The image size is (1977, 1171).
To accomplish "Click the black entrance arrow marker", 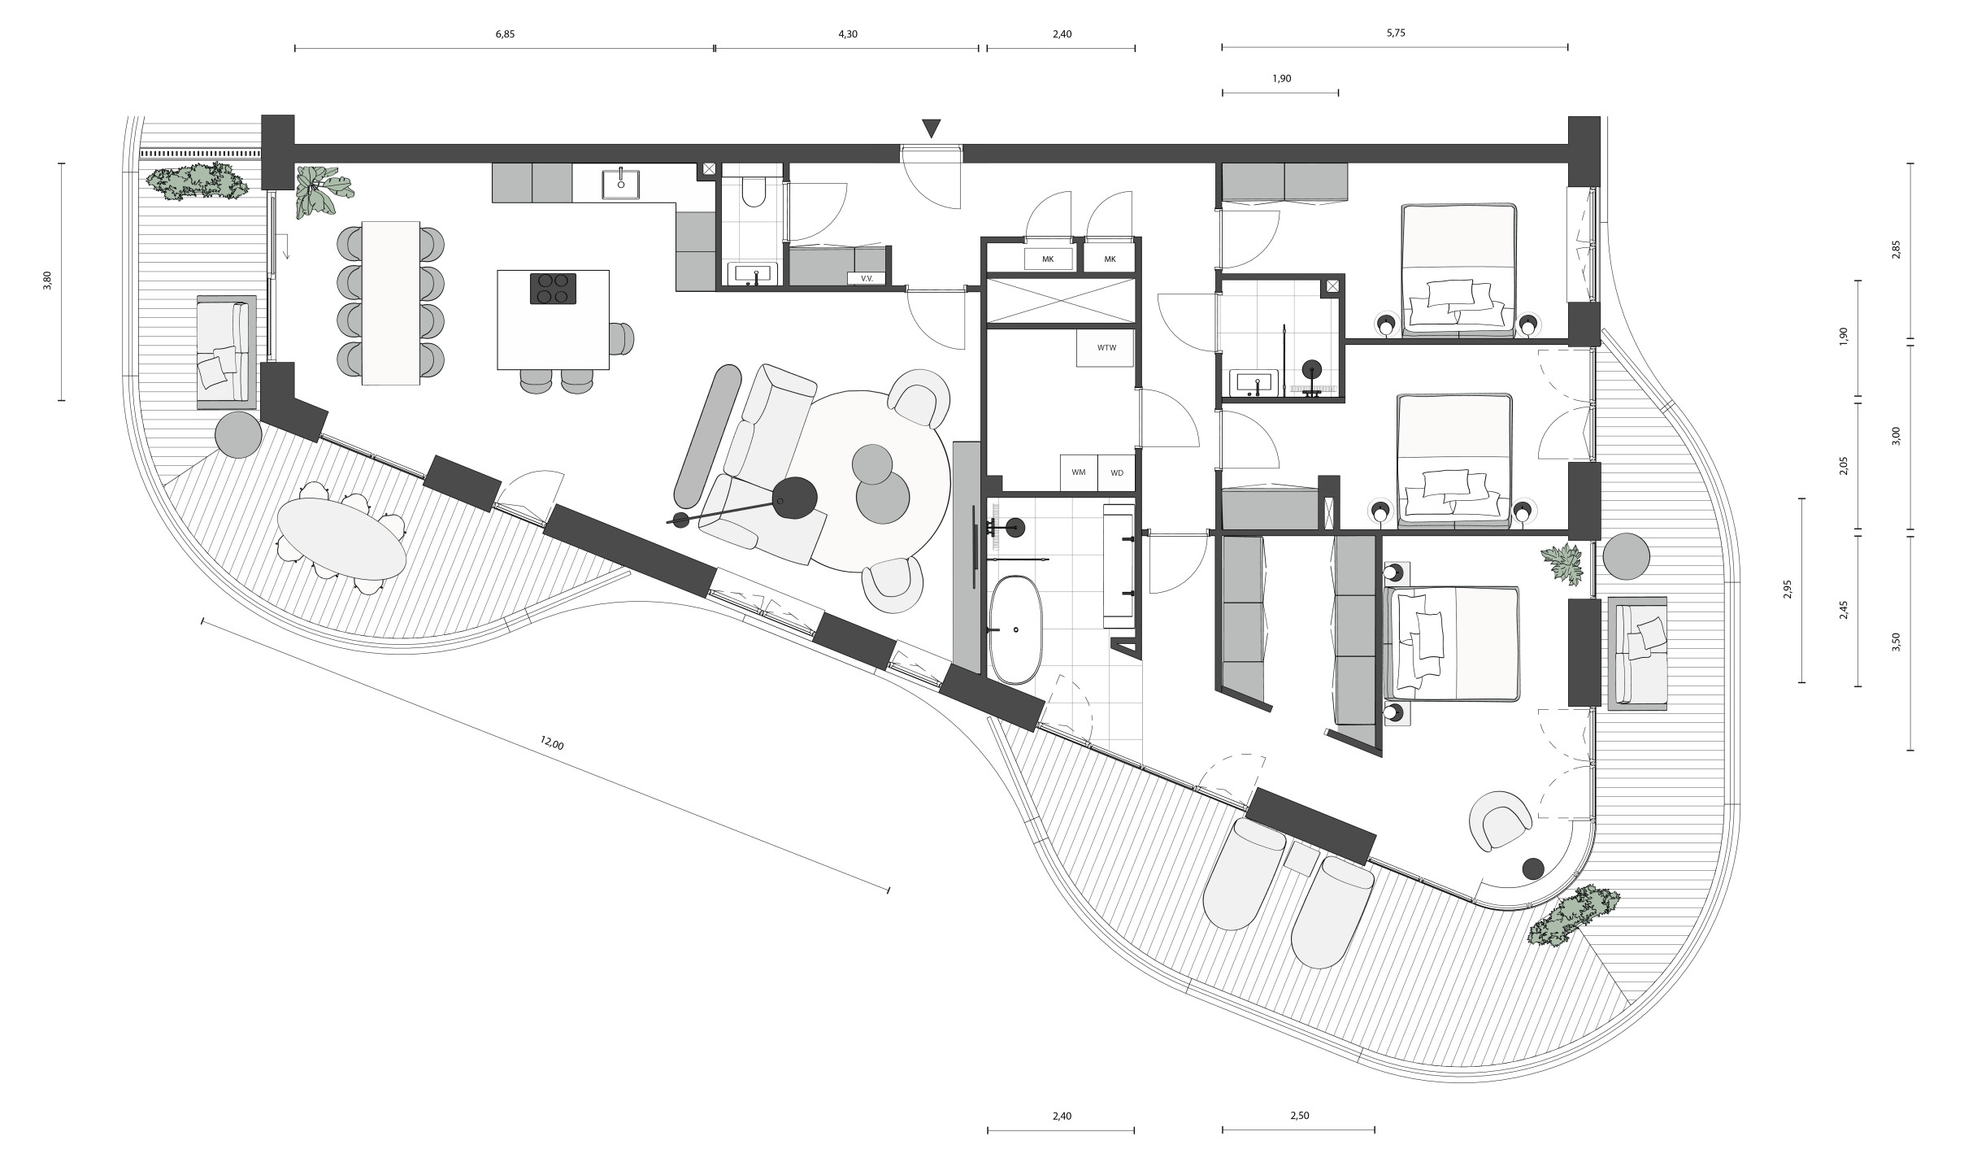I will coord(932,128).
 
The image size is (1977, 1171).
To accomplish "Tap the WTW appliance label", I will coord(1106,348).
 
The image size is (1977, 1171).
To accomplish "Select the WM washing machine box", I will coord(1079,472).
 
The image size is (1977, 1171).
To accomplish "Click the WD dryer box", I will coord(1117,472).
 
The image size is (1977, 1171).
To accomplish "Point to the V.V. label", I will coord(866,278).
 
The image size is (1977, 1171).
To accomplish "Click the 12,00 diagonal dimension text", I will coord(551,742).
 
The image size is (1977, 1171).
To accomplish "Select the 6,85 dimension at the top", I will coord(505,34).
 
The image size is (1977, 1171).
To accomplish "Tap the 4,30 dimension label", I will coord(847,34).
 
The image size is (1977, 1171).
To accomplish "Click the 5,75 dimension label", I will coord(1395,33).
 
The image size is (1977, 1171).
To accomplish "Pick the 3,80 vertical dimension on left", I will coord(47,281).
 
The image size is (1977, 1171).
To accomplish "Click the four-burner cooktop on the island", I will coord(553,289).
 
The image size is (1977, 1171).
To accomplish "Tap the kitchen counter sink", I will coord(621,185).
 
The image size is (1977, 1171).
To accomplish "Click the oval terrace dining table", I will coord(341,538).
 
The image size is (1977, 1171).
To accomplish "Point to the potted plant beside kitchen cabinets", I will coord(319,192).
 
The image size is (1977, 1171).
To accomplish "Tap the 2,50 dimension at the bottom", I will coord(1299,1116).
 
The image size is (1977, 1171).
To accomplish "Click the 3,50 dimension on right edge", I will coord(1896,642).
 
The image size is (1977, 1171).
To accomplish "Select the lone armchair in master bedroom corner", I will coord(1501,820).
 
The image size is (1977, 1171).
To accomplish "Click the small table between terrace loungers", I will coord(1301,859).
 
